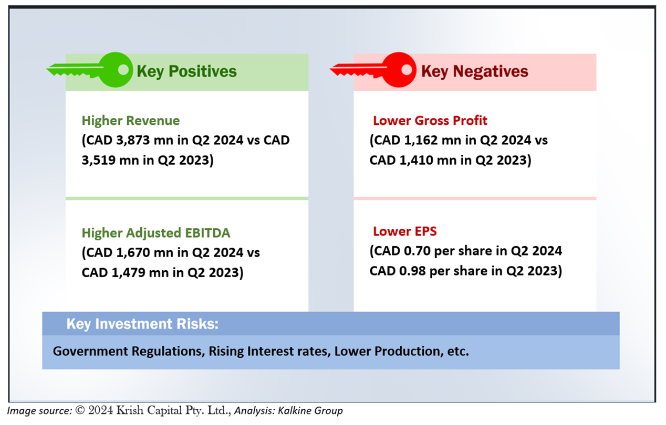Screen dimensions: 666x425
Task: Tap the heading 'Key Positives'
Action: click(x=186, y=71)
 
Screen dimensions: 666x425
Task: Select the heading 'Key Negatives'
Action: click(x=474, y=71)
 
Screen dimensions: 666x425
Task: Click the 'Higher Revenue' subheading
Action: click(x=131, y=121)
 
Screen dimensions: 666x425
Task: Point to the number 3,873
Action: click(x=133, y=140)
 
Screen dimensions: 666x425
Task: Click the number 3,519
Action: click(x=98, y=161)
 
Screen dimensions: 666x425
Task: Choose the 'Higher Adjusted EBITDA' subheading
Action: click(x=156, y=233)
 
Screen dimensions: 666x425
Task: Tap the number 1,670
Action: click(x=133, y=253)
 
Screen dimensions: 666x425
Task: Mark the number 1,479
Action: click(x=129, y=273)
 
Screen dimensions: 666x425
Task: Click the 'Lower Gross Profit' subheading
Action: click(x=430, y=121)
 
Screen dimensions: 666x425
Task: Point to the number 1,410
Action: click(x=416, y=161)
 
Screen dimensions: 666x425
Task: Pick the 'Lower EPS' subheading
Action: click(x=404, y=231)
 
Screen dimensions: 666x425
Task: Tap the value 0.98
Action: click(x=412, y=271)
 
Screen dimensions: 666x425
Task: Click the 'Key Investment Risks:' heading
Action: click(x=142, y=324)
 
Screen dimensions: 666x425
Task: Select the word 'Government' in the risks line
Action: click(x=90, y=351)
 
